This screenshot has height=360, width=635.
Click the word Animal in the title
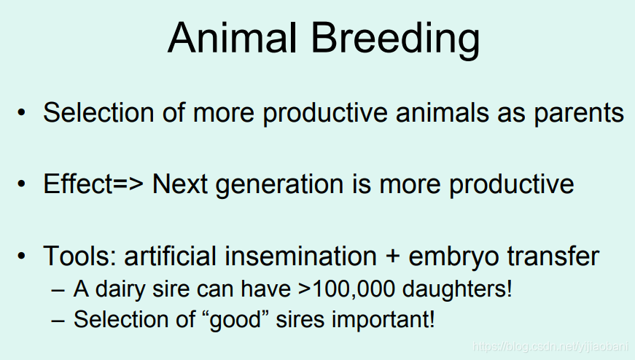coord(232,38)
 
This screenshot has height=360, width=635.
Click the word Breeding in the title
coord(395,39)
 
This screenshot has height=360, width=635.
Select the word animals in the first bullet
coord(443,112)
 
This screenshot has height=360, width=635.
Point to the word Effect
coord(77,184)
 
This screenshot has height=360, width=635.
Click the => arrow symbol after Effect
coord(128,184)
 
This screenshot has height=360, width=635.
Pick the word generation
coord(279,185)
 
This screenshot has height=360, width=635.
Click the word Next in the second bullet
coord(180,184)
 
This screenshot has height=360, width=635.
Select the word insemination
coord(301,256)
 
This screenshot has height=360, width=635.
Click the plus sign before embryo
coord(392,257)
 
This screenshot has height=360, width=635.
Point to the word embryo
coord(453,257)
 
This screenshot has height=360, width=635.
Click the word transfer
coord(553,256)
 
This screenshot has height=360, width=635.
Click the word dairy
coord(120,290)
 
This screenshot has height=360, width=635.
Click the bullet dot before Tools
coord(21,256)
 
